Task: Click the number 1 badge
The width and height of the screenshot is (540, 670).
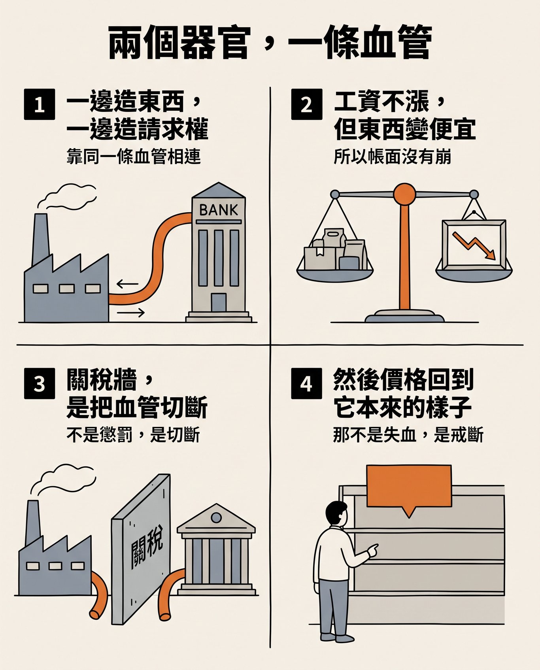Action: (x=39, y=105)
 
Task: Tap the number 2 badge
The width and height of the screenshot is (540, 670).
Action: (x=306, y=105)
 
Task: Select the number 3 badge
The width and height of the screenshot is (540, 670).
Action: (x=39, y=383)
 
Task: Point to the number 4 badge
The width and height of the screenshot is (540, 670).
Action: (x=306, y=383)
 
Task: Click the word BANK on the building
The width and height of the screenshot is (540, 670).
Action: (x=219, y=210)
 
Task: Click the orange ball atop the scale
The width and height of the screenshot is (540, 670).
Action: (x=404, y=194)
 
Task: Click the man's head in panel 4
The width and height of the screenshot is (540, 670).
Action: (x=336, y=513)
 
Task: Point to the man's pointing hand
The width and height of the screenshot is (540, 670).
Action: (x=372, y=550)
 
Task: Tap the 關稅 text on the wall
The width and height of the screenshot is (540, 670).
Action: (x=147, y=545)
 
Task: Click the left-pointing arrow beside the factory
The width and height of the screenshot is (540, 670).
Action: (x=127, y=283)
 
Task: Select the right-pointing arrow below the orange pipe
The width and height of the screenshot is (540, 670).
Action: (x=131, y=313)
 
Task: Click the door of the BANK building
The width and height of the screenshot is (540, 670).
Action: (x=219, y=303)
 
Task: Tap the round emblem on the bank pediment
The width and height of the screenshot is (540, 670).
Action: (x=216, y=517)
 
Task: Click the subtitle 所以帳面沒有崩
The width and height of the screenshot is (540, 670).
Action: (x=393, y=157)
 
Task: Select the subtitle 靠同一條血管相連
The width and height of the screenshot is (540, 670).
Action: (x=134, y=157)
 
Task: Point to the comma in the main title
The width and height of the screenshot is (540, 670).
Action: (x=269, y=43)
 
